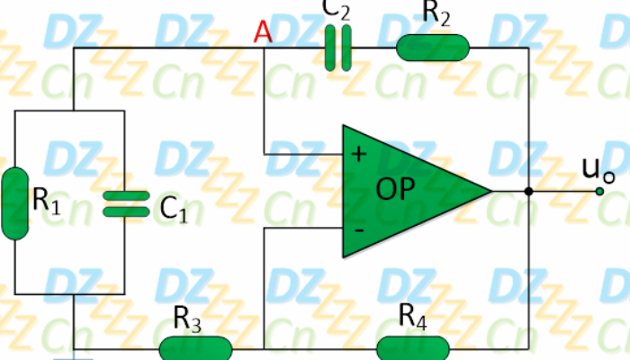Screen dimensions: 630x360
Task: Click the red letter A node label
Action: click(263, 32)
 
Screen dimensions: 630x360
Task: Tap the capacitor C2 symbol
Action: click(337, 48)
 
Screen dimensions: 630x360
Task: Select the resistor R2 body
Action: click(433, 48)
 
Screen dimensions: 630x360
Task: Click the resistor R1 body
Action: click(15, 203)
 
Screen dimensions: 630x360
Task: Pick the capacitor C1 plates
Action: click(126, 204)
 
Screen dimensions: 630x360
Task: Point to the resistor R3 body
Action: click(195, 348)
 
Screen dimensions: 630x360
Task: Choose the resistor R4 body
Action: click(412, 348)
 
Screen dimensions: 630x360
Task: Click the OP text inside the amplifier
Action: click(395, 188)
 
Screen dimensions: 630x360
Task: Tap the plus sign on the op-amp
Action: click(359, 154)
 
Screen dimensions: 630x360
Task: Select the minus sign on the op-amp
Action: click(359, 230)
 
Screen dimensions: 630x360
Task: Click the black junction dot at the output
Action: click(529, 192)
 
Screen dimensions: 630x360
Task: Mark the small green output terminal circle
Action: click(599, 192)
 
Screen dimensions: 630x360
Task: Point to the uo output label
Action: click(598, 170)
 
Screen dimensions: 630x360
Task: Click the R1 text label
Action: click(46, 201)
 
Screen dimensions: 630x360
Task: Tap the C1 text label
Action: click(174, 209)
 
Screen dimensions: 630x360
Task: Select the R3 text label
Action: click(187, 319)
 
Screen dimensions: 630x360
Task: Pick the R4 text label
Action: click(412, 317)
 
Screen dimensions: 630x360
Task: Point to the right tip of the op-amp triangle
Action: click(492, 192)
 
